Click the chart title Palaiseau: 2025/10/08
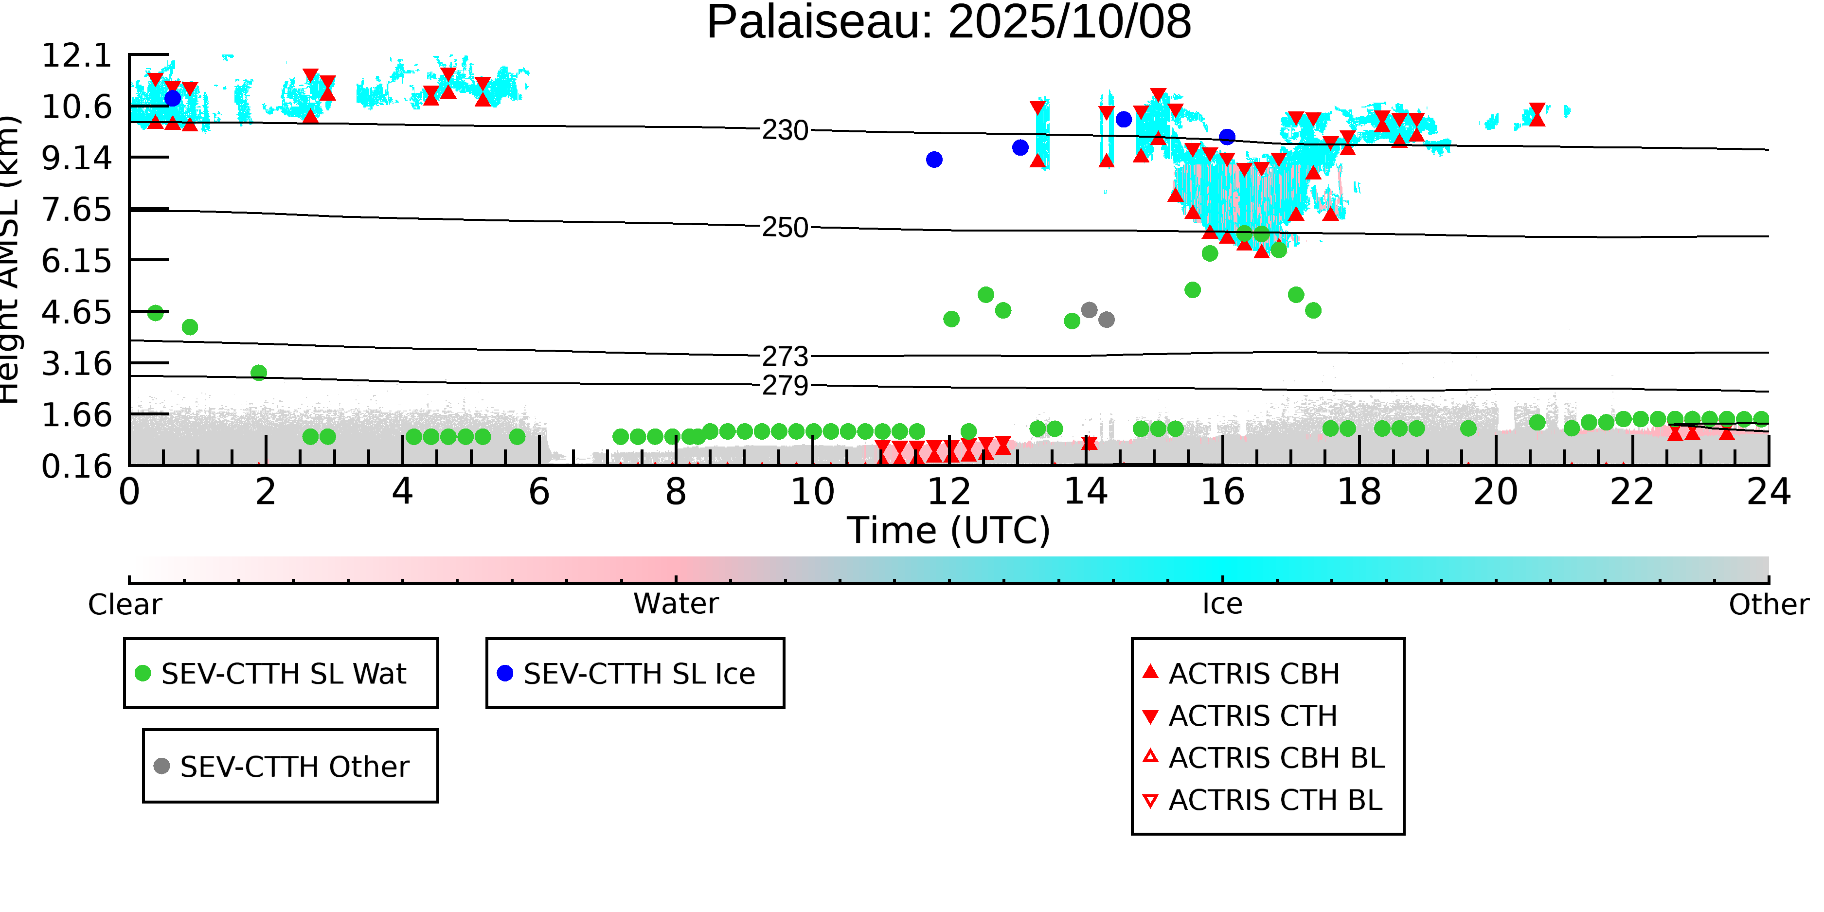click(949, 23)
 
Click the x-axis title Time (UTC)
click(949, 530)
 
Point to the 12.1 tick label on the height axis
click(76, 55)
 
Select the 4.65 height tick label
click(76, 312)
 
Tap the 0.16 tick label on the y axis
click(76, 466)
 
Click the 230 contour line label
click(785, 130)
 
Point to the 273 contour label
click(785, 356)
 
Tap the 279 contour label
click(785, 386)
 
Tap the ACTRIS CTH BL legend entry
click(1274, 800)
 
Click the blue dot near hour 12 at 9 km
click(934, 160)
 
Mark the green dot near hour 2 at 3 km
click(259, 373)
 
